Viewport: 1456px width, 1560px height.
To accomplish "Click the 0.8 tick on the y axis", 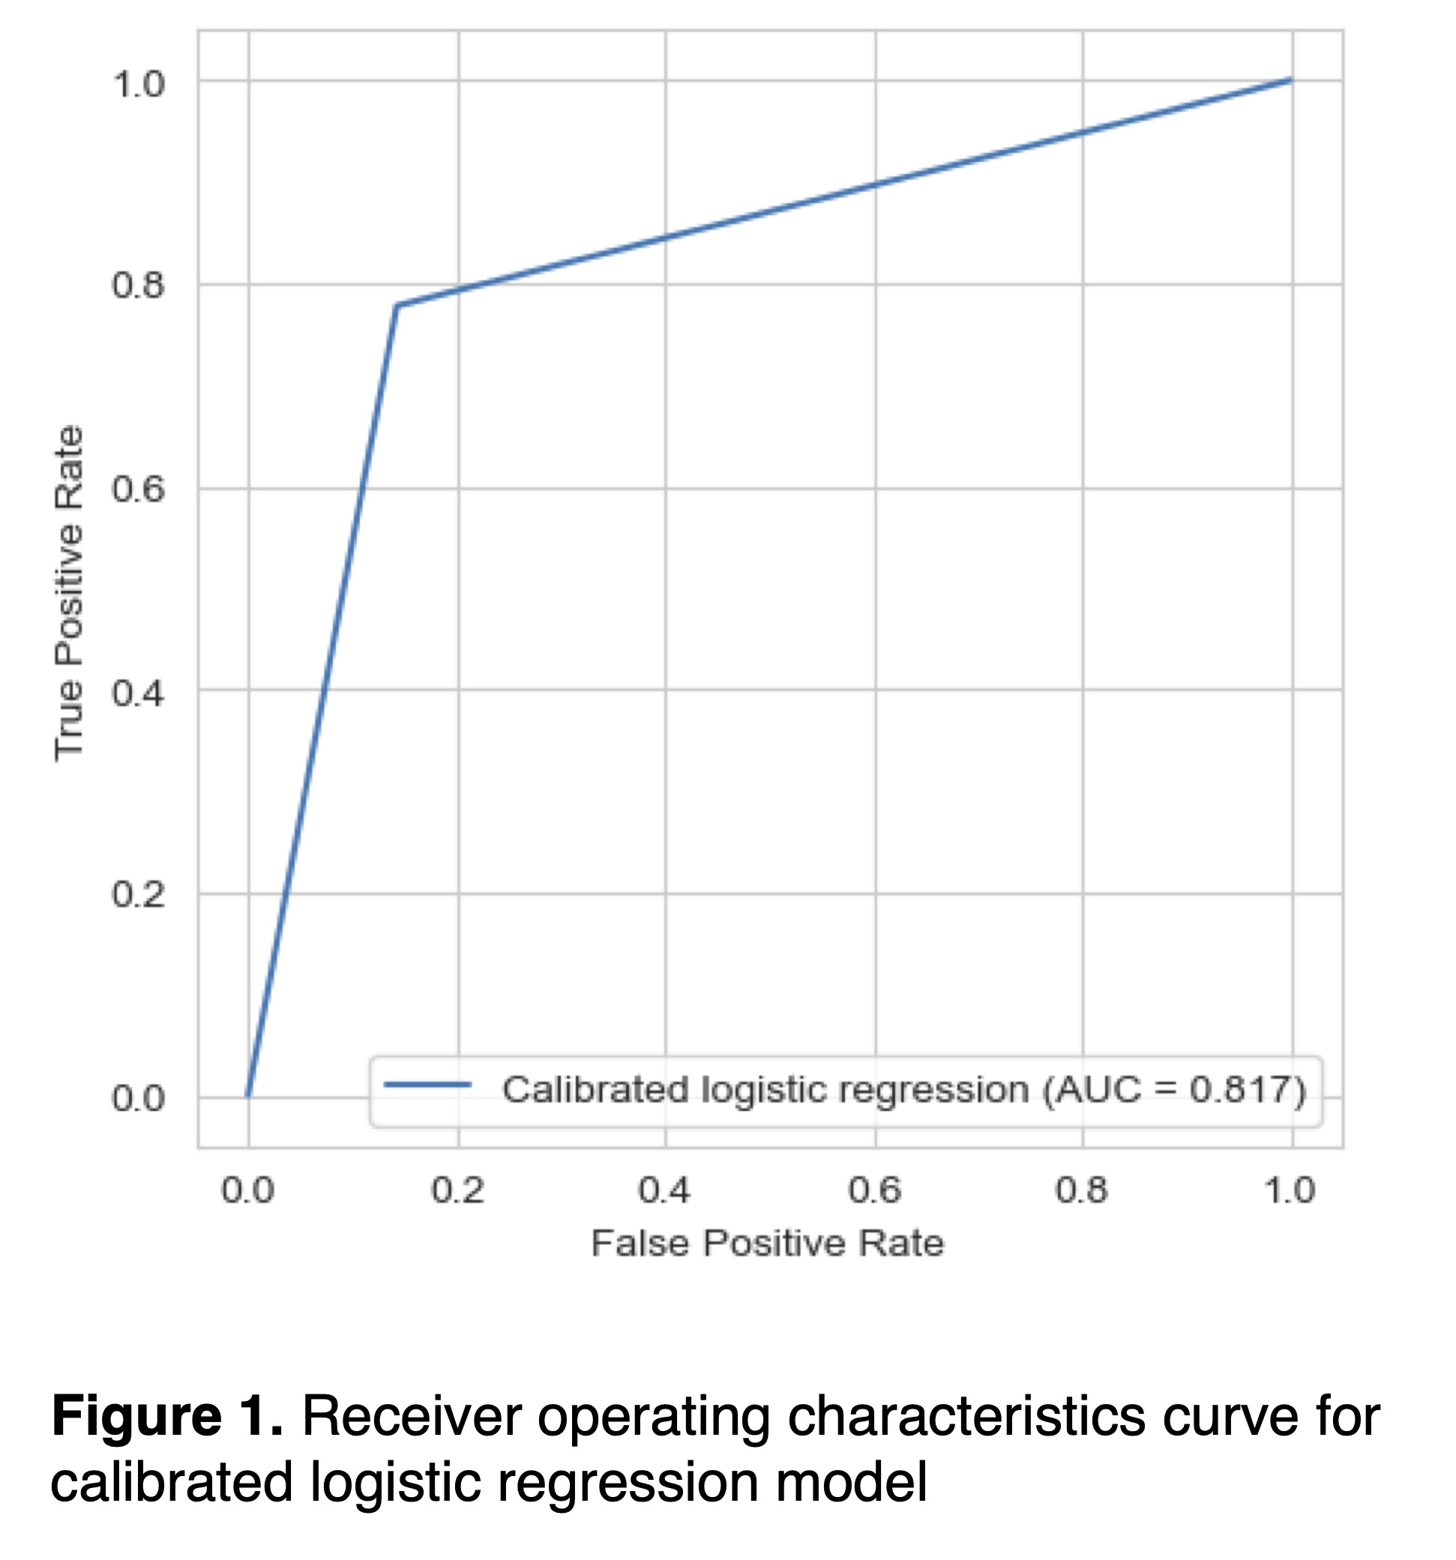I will [138, 286].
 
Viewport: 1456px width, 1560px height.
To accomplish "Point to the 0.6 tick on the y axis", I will [138, 489].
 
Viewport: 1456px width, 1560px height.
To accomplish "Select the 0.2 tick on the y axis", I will [138, 894].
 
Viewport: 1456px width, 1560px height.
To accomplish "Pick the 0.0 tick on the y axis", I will [138, 1097].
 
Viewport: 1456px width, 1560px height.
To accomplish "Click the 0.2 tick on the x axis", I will [457, 1191].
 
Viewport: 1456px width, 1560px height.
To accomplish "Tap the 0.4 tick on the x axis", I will [664, 1191].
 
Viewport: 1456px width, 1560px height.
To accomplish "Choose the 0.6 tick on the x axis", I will [873, 1191].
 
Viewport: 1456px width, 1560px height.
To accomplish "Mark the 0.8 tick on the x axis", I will [1081, 1191].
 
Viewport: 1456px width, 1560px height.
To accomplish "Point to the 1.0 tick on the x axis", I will [1289, 1191].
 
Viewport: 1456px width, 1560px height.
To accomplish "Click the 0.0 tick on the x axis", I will [248, 1191].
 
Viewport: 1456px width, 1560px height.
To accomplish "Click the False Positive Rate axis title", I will [767, 1244].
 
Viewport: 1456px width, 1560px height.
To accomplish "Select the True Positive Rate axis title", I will [69, 593].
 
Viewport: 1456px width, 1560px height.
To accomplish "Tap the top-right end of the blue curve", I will [1290, 79].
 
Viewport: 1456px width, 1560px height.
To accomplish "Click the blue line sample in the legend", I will [427, 1085].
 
